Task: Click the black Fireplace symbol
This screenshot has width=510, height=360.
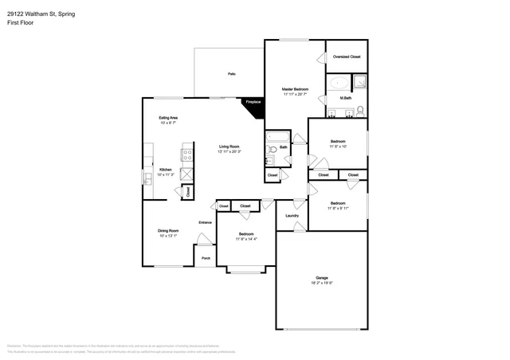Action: tap(253, 105)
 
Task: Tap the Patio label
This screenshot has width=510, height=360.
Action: tap(231, 74)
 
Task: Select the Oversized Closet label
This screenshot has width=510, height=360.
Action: tap(345, 57)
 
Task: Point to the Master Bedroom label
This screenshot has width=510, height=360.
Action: tap(295, 88)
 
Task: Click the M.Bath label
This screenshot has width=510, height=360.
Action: tap(347, 98)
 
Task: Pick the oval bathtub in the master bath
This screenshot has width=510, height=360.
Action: tap(339, 83)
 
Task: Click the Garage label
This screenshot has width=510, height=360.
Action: tap(322, 278)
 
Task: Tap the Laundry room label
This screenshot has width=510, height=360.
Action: tap(292, 215)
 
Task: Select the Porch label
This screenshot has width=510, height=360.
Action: tap(206, 258)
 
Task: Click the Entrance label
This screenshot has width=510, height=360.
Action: tap(205, 222)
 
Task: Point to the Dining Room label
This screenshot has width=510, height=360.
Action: tap(167, 231)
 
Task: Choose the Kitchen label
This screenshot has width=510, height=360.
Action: tap(166, 170)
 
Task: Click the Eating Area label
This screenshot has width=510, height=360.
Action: tap(167, 118)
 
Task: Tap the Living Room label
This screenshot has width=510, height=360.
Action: tap(230, 147)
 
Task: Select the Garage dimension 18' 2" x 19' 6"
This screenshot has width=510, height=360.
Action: tap(322, 284)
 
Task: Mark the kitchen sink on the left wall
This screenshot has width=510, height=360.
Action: tap(147, 177)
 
